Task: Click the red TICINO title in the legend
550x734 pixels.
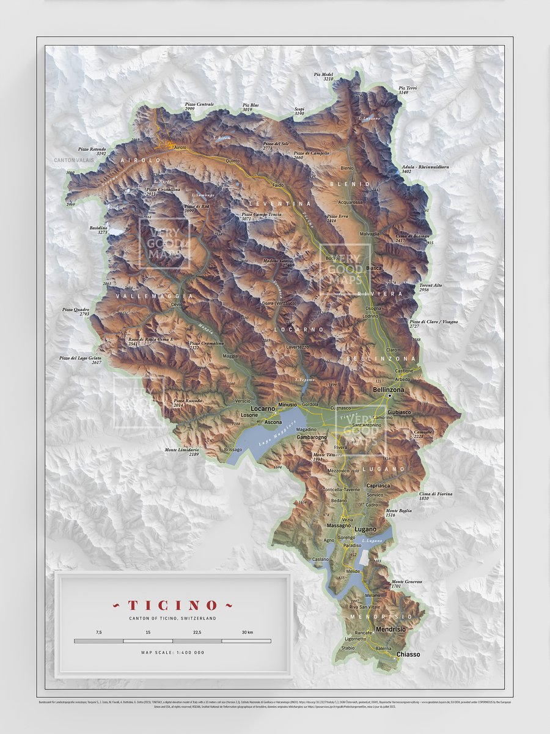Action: click(x=172, y=605)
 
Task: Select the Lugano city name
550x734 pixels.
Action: click(x=366, y=528)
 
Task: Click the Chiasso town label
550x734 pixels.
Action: click(x=408, y=654)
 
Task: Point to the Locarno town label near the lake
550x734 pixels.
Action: click(x=263, y=407)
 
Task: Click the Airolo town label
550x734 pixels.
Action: click(x=180, y=147)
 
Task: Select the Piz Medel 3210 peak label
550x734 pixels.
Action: click(x=324, y=76)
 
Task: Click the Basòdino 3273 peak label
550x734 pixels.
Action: click(x=98, y=230)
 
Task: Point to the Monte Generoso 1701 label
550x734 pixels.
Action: click(x=406, y=584)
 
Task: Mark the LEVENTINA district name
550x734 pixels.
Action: click(x=284, y=202)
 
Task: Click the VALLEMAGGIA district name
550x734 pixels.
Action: click(x=150, y=295)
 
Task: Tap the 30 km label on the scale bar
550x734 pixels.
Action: click(x=247, y=632)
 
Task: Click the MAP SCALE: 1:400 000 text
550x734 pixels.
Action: click(x=172, y=653)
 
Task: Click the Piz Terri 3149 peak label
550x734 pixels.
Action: click(x=408, y=90)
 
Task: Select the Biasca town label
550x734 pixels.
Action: click(x=373, y=268)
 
